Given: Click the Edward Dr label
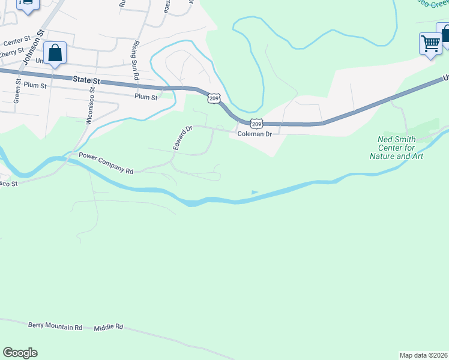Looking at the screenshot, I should pos(182,138).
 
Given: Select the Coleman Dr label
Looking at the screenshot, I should pos(255,134).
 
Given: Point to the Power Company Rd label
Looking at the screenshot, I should pos(106,163).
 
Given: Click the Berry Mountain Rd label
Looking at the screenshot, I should pos(55,327).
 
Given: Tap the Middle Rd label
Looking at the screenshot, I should pos(109,328).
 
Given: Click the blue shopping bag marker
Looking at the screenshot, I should pos(55,53).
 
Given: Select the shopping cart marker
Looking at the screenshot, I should pos(430,43).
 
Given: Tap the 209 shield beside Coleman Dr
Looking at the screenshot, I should pos(256,124).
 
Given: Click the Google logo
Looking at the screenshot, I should pos(20,353).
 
